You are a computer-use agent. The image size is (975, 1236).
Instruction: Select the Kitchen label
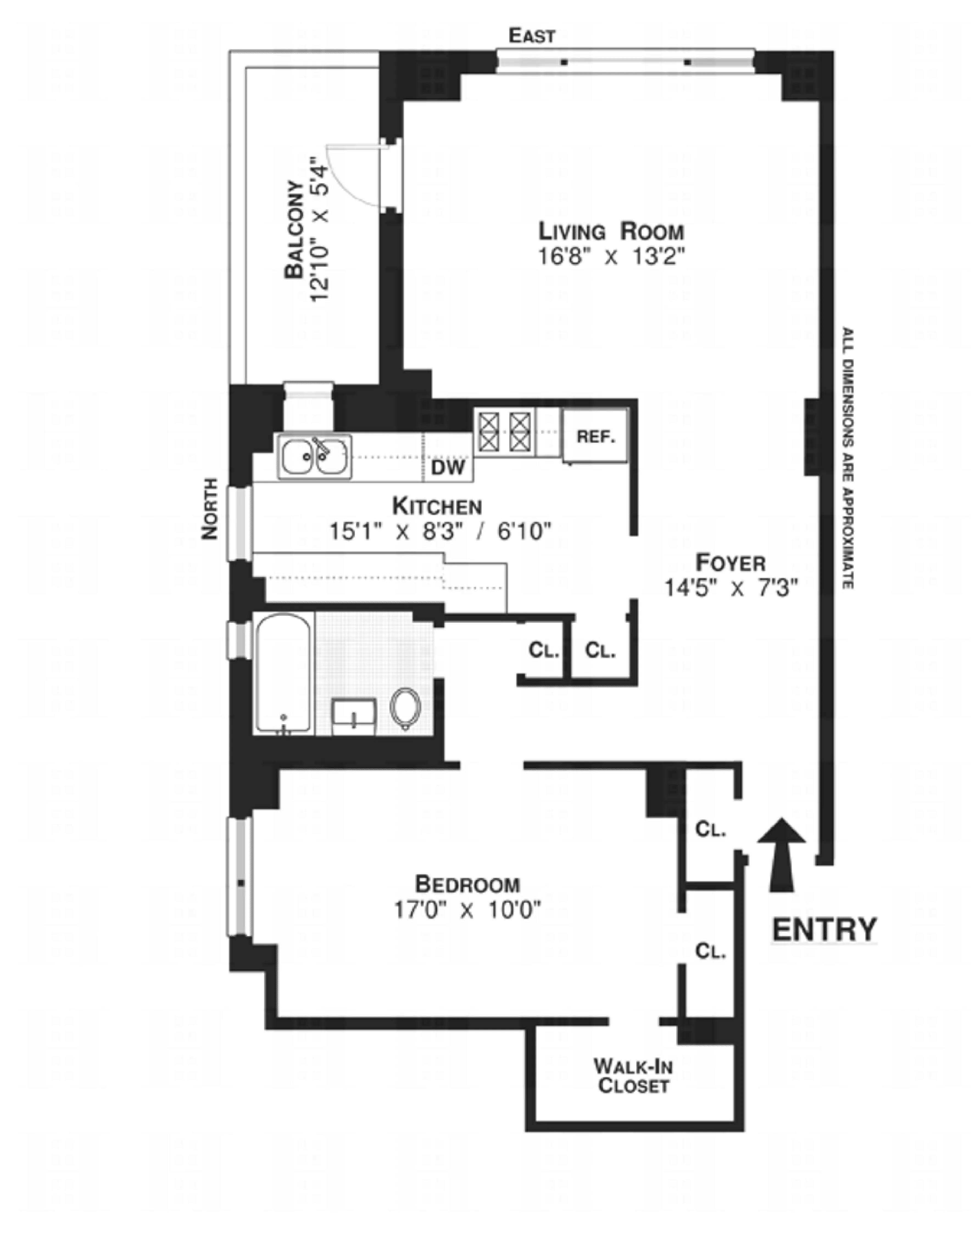[437, 506]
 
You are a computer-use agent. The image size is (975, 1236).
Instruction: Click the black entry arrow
[781, 853]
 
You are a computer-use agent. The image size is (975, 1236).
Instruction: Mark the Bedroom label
[467, 884]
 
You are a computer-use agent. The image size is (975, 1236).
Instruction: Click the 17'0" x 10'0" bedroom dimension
[467, 909]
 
